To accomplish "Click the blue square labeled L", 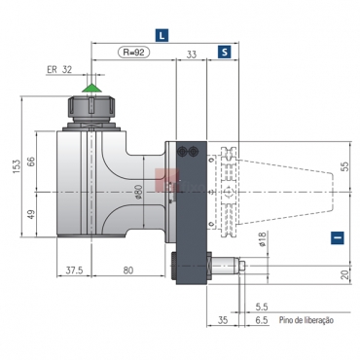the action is (162, 35).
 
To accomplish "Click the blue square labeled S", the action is (225, 52).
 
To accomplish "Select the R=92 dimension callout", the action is (134, 52).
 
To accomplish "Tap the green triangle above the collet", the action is (91, 88).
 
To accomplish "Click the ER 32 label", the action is (59, 69).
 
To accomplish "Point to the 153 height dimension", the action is (17, 166).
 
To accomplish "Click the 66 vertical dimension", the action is (30, 162).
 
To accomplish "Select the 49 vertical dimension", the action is (31, 214).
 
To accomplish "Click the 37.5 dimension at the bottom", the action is (74, 270).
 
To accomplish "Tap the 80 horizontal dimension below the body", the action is (128, 270).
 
